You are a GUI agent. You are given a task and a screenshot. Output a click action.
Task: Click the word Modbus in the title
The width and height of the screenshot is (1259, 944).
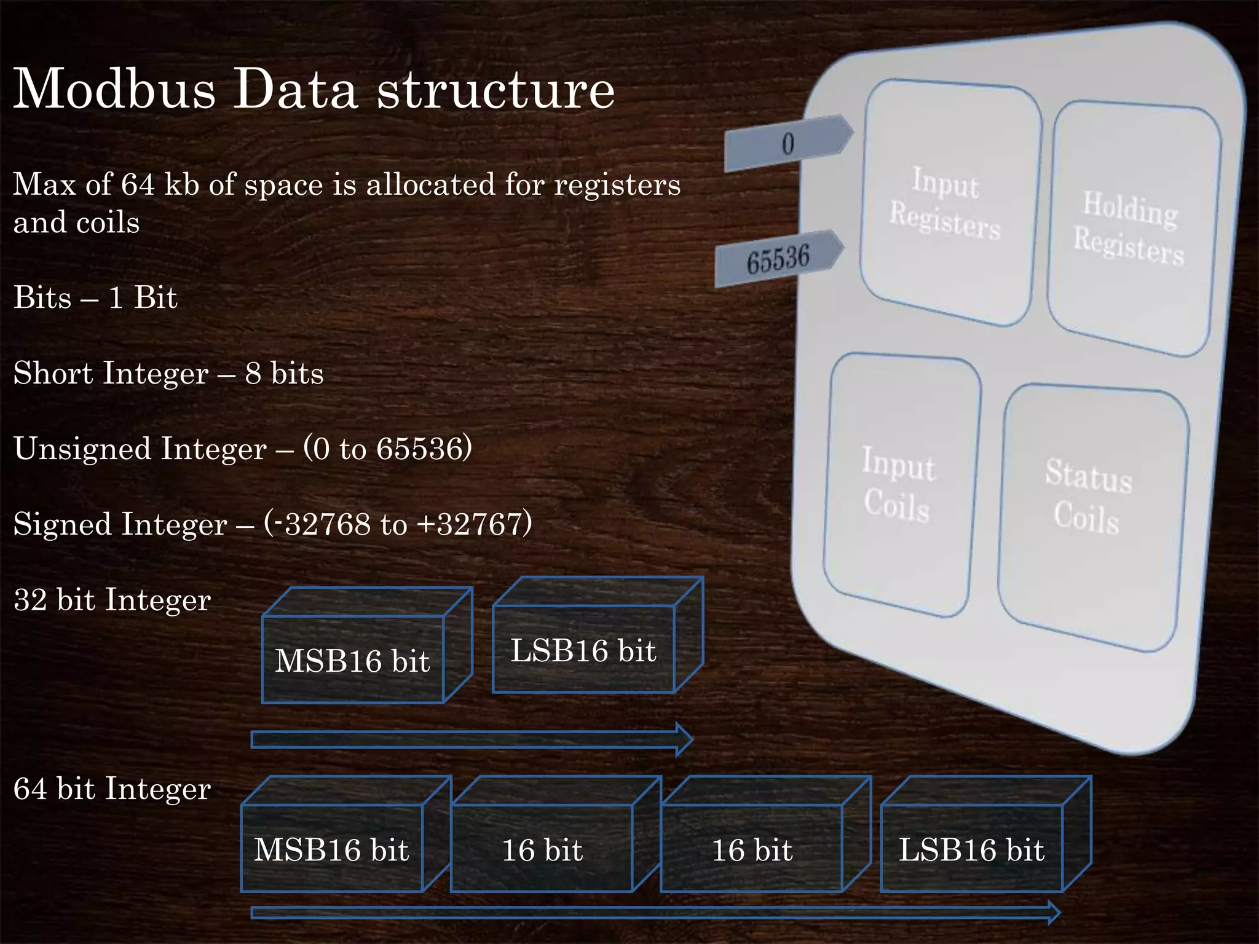(x=114, y=89)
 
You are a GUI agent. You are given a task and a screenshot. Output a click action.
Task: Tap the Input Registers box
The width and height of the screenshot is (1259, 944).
(x=947, y=203)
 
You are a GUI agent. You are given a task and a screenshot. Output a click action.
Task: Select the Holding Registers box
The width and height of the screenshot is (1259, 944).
(x=1131, y=227)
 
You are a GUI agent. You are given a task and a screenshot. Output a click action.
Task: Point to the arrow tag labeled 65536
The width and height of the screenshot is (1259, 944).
(x=778, y=258)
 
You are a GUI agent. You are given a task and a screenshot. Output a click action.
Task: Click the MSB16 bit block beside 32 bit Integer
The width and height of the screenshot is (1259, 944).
(x=352, y=660)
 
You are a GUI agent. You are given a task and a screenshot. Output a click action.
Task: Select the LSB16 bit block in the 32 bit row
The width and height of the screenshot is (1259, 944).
(x=583, y=650)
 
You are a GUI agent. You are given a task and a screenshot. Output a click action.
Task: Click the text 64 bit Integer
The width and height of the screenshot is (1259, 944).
(x=112, y=789)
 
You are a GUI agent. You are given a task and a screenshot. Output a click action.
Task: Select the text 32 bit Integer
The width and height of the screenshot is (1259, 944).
(x=112, y=600)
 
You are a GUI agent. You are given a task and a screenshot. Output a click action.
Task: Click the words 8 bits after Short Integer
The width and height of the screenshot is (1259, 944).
(x=284, y=373)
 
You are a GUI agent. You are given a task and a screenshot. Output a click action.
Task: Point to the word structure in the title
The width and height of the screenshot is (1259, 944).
(x=495, y=89)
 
